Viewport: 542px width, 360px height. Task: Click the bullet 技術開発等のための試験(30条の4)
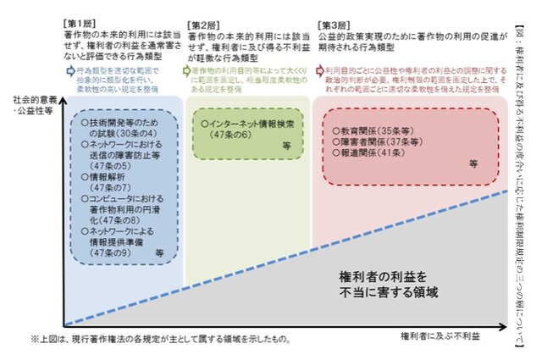113,130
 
